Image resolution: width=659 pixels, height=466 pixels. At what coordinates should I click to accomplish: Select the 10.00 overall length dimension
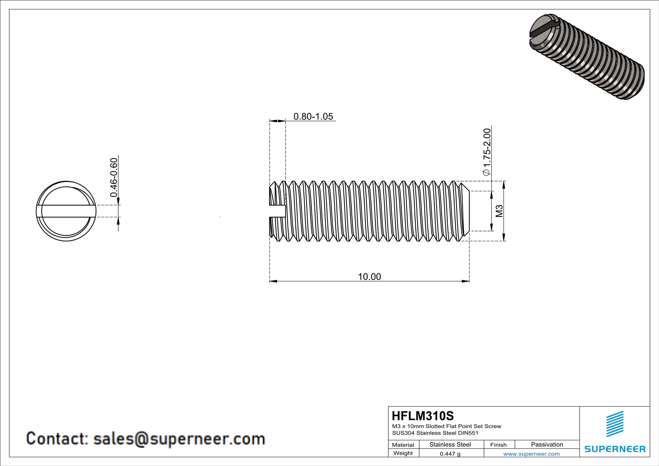[369, 277]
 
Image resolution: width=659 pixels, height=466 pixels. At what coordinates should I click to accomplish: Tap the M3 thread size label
[499, 211]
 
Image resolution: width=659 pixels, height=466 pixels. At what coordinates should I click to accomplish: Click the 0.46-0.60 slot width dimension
[114, 177]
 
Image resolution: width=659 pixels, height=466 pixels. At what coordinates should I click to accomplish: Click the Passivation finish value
[547, 444]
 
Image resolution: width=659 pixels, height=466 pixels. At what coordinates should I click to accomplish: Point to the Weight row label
[403, 453]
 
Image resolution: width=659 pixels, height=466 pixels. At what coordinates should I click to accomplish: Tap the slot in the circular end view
[66, 211]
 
